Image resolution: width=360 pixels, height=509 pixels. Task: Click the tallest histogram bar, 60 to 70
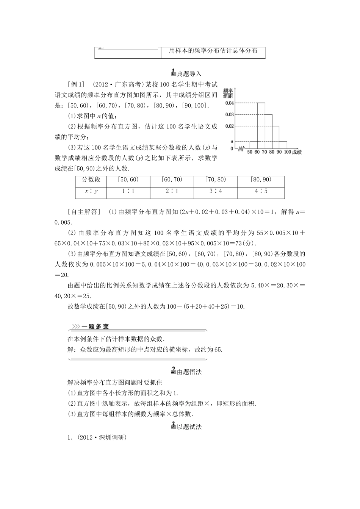[x=261, y=125]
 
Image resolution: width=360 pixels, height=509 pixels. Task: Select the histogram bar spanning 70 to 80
[x=268, y=131]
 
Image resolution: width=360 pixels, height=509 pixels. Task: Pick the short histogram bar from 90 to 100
[x=283, y=145]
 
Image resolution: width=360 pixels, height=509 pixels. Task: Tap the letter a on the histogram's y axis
[x=232, y=141]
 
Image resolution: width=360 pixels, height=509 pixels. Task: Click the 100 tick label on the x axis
[x=287, y=152]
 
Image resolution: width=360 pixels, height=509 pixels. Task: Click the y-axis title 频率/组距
[x=228, y=93]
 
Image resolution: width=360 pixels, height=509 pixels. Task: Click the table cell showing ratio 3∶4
[x=216, y=191]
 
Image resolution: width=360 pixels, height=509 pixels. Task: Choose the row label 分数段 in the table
[x=91, y=180]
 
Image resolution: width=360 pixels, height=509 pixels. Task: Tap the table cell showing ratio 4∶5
[x=261, y=191]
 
